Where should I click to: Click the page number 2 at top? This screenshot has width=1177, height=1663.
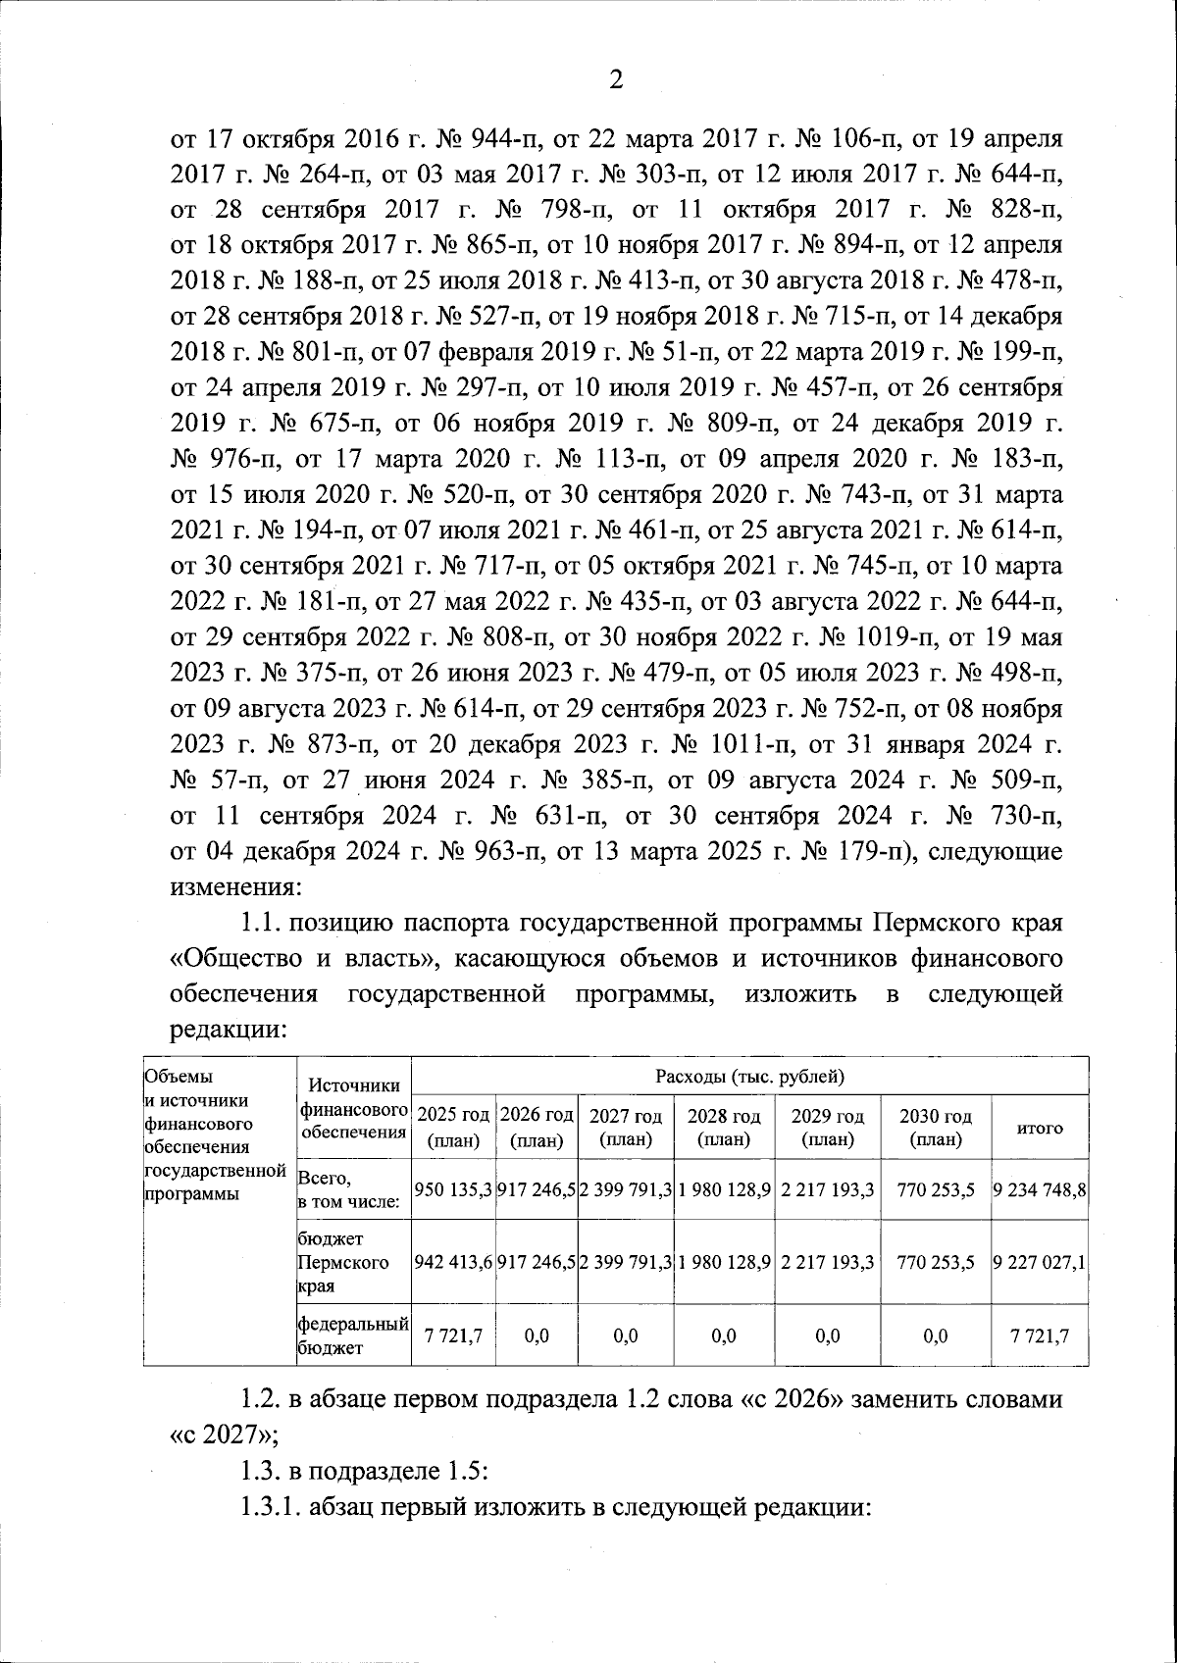point(616,81)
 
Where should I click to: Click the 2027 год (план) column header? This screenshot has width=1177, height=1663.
point(625,1128)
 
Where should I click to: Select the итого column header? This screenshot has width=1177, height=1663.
point(1040,1128)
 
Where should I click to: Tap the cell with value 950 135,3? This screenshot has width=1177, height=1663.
point(454,1189)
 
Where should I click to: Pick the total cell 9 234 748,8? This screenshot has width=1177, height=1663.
point(1040,1189)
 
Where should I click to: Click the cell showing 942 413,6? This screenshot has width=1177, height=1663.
point(454,1262)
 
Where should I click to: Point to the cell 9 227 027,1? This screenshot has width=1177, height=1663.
point(1040,1262)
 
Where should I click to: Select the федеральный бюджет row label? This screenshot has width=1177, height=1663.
point(352,1335)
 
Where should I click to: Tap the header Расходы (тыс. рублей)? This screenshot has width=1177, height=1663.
point(750,1076)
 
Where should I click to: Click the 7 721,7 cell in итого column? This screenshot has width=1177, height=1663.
point(1040,1335)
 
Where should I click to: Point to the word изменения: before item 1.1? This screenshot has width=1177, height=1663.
point(232,888)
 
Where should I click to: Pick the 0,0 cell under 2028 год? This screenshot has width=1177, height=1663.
point(724,1335)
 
